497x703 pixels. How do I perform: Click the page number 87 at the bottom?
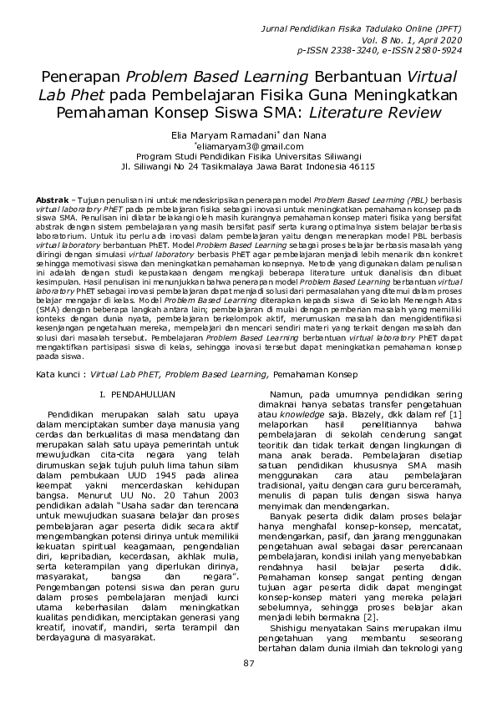coord(248,664)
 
